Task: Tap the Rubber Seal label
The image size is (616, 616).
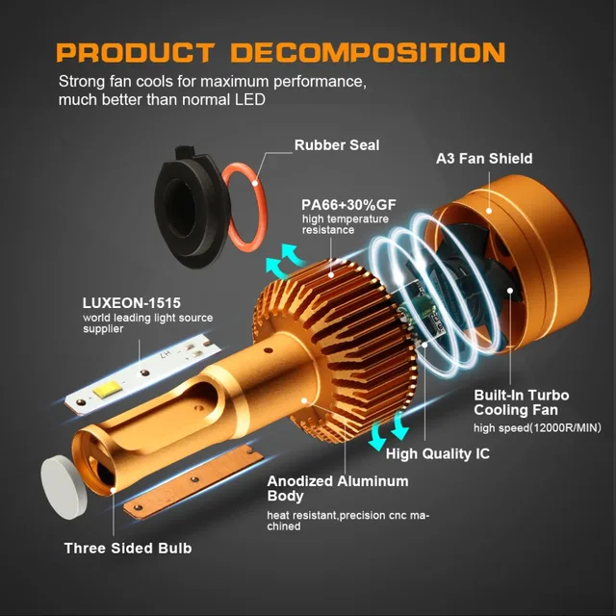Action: [x=337, y=145]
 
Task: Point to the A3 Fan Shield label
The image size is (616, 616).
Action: [x=484, y=158]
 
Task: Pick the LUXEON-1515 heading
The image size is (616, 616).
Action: [x=132, y=303]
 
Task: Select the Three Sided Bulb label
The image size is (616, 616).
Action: [x=128, y=549]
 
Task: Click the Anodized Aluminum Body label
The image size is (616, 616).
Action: [x=337, y=488]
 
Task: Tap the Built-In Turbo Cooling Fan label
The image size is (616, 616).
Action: [x=521, y=403]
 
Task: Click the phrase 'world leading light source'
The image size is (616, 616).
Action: [x=147, y=319]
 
